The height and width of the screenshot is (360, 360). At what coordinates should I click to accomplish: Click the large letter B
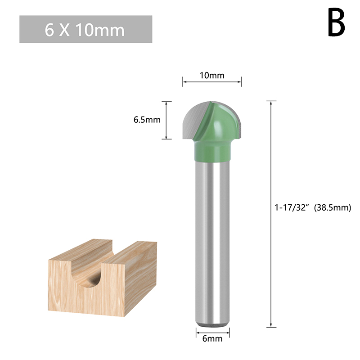coord(336,22)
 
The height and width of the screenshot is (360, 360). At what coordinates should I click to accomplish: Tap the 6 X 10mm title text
coord(85,30)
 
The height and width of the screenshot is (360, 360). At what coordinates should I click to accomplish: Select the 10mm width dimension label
coord(212,75)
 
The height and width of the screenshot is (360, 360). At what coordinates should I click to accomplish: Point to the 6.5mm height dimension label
coord(147,120)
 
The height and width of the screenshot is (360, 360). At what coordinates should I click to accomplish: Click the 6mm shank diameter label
coord(212,339)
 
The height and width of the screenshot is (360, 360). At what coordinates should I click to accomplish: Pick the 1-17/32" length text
coord(291,207)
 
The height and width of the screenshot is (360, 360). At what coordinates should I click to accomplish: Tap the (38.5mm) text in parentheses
coord(333,207)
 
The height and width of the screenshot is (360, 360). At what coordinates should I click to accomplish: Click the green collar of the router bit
coord(212,152)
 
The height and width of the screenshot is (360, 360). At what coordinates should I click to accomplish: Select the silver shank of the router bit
coord(212,242)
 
